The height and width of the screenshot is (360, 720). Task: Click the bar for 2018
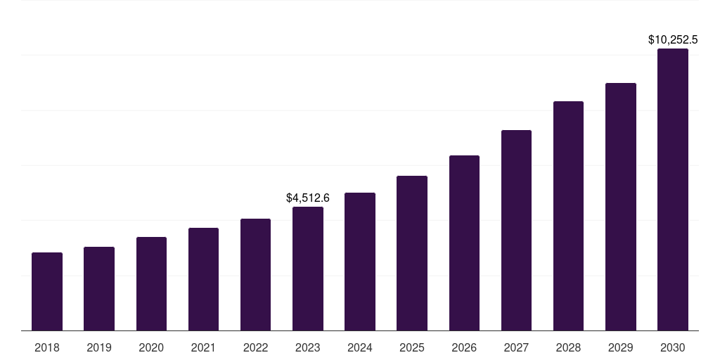[47, 291]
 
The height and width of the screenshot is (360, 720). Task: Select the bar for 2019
[99, 288]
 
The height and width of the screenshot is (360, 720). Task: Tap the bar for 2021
[203, 279]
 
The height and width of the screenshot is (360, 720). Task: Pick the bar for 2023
[308, 269]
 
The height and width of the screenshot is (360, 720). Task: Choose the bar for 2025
[412, 253]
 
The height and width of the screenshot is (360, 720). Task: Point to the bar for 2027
[516, 230]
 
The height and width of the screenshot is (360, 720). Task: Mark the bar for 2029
[620, 207]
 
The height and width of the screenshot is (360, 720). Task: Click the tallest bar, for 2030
[672, 190]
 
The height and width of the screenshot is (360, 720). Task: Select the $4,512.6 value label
[308, 198]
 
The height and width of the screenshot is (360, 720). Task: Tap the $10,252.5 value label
[672, 40]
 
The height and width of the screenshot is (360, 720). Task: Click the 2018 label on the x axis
[47, 347]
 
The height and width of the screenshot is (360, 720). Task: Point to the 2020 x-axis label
[151, 347]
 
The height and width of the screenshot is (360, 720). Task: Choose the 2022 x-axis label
[255, 347]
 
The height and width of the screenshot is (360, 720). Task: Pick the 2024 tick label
[360, 347]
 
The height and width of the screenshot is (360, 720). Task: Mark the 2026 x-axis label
[464, 347]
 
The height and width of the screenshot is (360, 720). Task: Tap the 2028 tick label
[568, 347]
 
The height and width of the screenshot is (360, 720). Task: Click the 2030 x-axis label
[672, 347]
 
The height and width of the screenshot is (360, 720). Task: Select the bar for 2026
[464, 243]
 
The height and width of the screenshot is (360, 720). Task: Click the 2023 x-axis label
[308, 347]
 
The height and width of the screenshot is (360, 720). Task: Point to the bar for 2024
[360, 262]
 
